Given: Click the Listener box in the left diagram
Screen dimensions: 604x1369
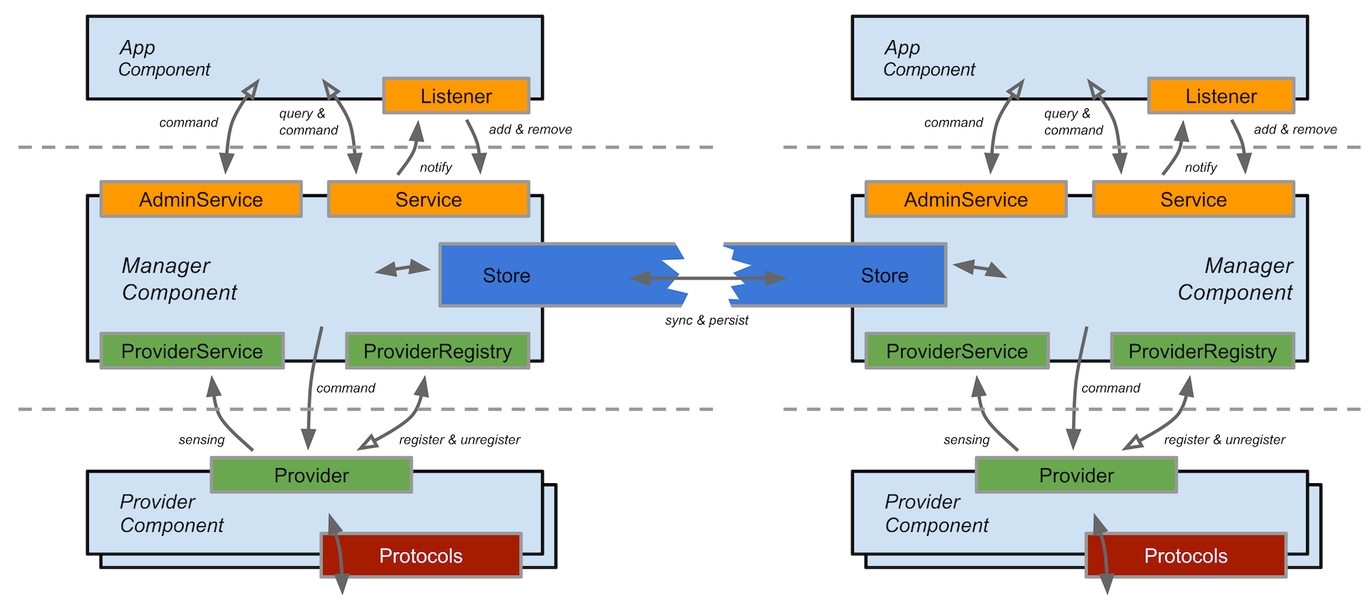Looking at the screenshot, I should [456, 96].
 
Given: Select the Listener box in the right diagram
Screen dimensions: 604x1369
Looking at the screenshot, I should [1221, 96].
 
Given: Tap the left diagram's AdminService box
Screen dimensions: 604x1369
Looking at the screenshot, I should [201, 200].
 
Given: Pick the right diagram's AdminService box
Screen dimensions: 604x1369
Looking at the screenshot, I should [966, 200].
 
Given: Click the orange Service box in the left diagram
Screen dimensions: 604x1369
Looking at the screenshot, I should [429, 200].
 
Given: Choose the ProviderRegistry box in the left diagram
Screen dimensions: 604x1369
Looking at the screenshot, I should [437, 351].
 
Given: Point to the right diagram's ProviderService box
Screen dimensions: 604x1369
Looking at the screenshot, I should [956, 351].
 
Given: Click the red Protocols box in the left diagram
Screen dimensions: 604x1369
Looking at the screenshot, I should [421, 555].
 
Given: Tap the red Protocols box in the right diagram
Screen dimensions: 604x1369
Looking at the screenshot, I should [1185, 555].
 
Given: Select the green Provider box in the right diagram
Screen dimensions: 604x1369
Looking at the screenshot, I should [1076, 476].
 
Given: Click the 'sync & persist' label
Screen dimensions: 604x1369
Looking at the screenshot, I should [706, 320].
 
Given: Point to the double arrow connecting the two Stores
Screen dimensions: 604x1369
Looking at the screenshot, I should [707, 278].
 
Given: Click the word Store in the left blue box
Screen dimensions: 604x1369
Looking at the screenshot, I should [507, 276].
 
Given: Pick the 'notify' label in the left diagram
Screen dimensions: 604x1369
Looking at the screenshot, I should [436, 168].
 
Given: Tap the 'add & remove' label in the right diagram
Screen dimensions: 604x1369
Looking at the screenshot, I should [1295, 130].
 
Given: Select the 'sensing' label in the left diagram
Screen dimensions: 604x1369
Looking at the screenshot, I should [201, 440].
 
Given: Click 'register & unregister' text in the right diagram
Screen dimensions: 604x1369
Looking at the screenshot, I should [1224, 440].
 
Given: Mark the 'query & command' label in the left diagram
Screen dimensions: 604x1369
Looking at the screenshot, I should [308, 122].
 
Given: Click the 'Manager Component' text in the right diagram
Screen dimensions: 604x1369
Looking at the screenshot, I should [1235, 279].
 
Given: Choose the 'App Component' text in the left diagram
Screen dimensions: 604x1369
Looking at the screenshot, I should [164, 59].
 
